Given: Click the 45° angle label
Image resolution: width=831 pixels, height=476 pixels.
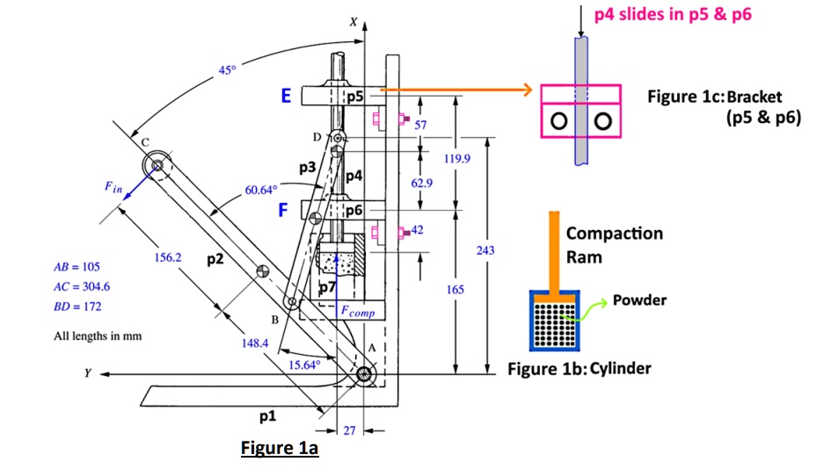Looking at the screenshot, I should point(227,70).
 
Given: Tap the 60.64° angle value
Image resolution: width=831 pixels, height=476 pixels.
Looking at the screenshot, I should point(261,190).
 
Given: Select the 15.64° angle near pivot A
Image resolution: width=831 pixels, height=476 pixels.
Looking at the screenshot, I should point(304,364).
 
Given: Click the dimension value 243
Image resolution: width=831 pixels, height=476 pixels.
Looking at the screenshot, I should point(485,251).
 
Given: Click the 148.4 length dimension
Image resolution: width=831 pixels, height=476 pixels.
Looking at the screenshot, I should point(253,343).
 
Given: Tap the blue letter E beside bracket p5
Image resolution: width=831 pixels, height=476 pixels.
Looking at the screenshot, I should point(286,97).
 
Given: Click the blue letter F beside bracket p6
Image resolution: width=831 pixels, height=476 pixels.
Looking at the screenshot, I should point(283,211).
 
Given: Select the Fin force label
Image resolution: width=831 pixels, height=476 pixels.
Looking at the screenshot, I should point(114,187).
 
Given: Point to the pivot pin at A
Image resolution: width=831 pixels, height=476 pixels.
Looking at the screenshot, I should point(365,375).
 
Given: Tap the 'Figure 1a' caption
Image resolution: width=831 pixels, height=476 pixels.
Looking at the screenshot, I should point(279,449).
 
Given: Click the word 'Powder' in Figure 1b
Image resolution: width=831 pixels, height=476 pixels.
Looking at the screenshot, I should point(639,300).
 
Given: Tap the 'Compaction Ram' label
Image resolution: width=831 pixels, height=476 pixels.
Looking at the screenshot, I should point(615,246).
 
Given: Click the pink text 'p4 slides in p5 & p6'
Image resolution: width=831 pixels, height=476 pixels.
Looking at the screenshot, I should point(673,15).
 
